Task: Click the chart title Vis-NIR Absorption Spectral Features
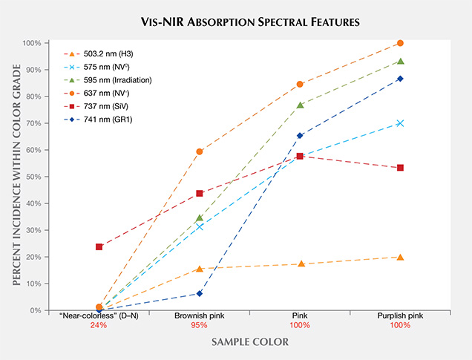tap(236, 22)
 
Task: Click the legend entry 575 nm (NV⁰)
tap(99, 68)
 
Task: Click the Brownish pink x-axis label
tap(199, 315)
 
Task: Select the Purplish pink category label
tap(400, 315)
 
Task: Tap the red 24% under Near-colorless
tap(99, 325)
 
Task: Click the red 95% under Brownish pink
tap(199, 325)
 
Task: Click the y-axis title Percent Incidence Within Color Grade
tap(12, 177)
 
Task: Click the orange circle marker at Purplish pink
tap(400, 43)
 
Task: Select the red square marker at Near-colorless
tap(99, 246)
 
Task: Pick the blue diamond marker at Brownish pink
tap(199, 293)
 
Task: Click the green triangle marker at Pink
tap(300, 105)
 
